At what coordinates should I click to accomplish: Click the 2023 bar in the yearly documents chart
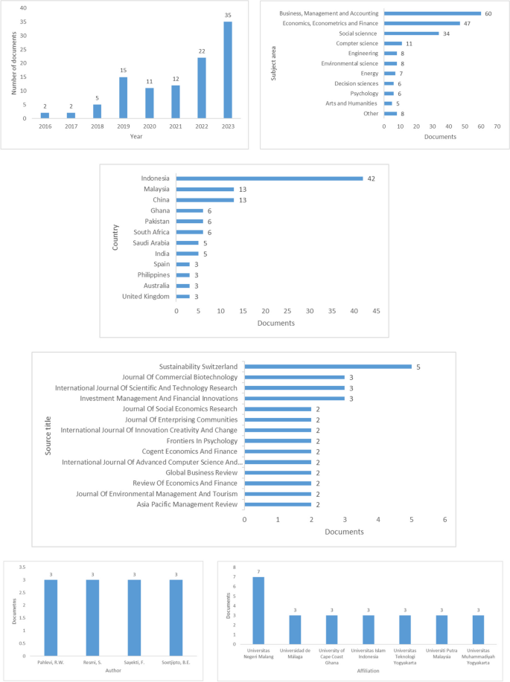pyautogui.click(x=228, y=70)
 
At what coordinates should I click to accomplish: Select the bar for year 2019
pyautogui.click(x=123, y=97)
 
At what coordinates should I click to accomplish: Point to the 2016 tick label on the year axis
pyautogui.click(x=44, y=126)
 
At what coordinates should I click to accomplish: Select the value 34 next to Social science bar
pyautogui.click(x=446, y=33)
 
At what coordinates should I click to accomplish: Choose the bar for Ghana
pyautogui.click(x=189, y=210)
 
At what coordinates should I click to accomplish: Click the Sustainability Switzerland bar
pyautogui.click(x=328, y=366)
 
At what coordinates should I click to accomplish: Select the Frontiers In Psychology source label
pyautogui.click(x=201, y=440)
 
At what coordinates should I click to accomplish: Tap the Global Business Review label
pyautogui.click(x=201, y=472)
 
